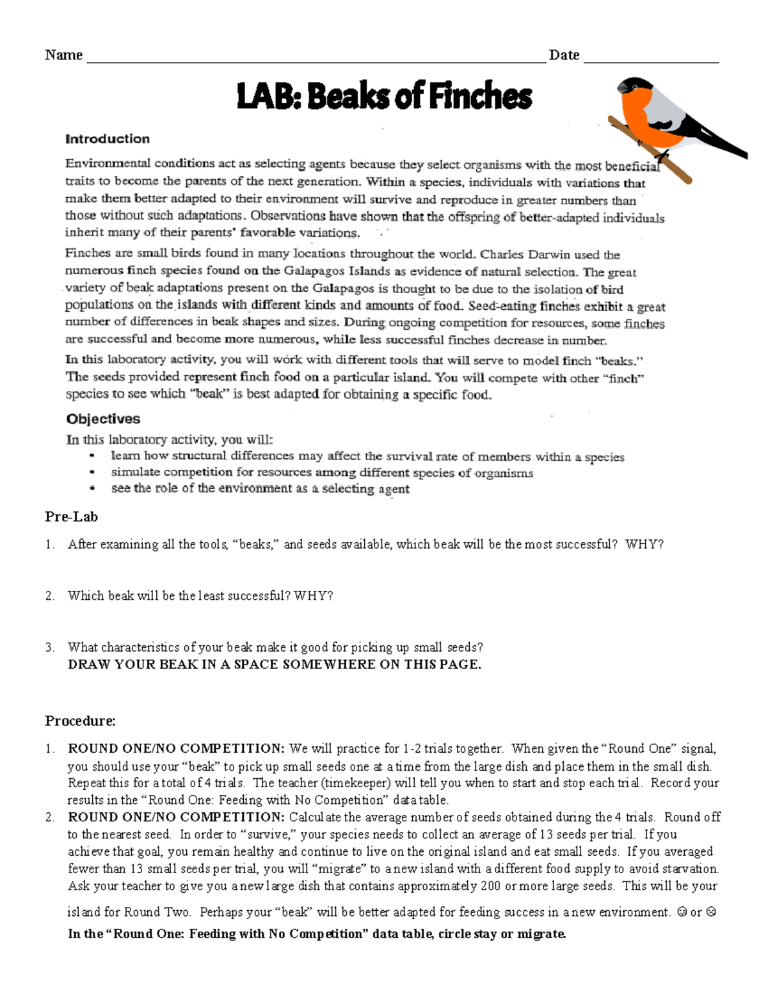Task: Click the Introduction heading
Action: (108, 139)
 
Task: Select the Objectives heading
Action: (103, 419)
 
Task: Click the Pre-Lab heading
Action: (71, 517)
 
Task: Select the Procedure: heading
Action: (80, 721)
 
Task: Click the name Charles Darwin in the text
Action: (520, 255)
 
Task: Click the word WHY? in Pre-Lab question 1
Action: (644, 545)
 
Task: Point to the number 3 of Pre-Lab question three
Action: (49, 647)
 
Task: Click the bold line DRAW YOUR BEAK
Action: (274, 664)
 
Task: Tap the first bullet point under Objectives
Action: (93, 456)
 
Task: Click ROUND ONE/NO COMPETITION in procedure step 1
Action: (176, 749)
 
